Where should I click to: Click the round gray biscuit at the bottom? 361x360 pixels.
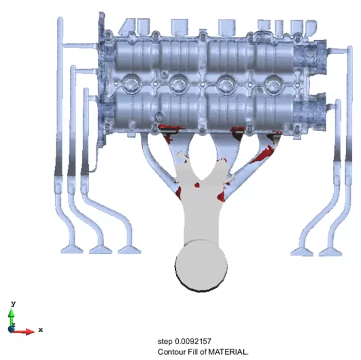click(201, 265)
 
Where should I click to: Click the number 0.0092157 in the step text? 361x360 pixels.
click(193, 341)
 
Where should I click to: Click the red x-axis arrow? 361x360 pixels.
click(24, 331)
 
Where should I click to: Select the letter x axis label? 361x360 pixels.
click(41, 330)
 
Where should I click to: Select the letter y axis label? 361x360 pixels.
click(14, 303)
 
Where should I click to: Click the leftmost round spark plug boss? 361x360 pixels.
click(131, 83)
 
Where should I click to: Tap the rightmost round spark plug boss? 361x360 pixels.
click(273, 84)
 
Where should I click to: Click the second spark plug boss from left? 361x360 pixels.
click(179, 83)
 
